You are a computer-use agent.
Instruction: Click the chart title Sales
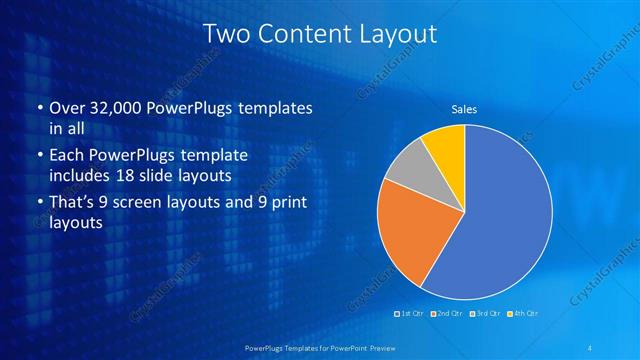pyautogui.click(x=464, y=108)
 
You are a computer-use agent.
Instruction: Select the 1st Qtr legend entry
pyautogui.click(x=410, y=314)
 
